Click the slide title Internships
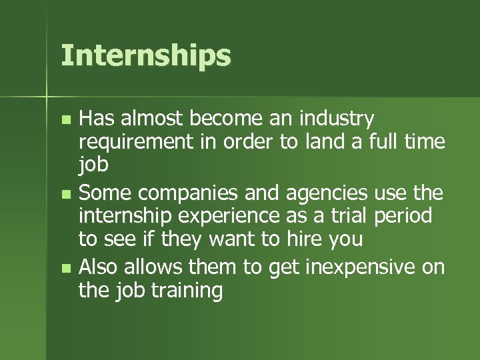click(145, 56)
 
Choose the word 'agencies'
click(326, 194)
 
